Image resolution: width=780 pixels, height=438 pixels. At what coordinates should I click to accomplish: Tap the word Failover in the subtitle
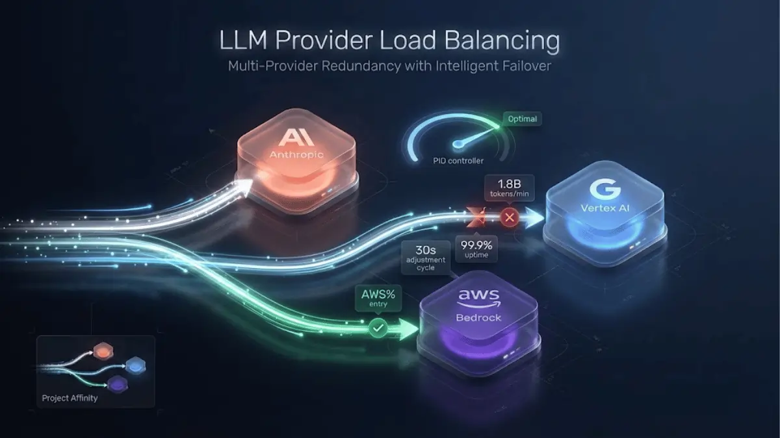[525, 67]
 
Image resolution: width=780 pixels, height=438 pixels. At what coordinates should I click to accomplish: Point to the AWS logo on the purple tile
[479, 297]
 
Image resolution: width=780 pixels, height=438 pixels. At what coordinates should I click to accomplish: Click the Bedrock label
[479, 319]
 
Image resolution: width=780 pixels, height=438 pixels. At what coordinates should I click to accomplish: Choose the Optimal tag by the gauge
[522, 119]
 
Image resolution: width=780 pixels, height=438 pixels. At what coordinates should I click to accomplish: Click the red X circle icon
[510, 218]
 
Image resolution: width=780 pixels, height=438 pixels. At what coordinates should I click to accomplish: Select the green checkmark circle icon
[378, 329]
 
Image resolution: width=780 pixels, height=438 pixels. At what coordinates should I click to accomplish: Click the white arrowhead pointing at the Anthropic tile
[244, 186]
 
